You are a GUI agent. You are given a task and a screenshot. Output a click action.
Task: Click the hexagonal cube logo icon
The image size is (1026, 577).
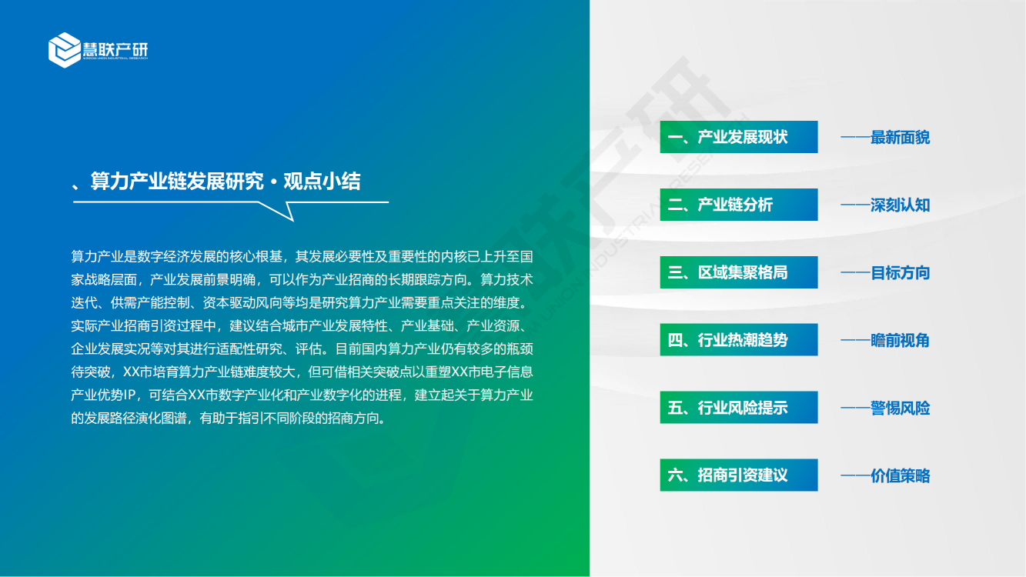coord(65,50)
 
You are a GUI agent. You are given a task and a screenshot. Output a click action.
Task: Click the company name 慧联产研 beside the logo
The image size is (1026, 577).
coord(115,49)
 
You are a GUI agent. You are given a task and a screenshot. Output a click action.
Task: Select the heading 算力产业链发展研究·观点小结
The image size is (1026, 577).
coord(226,182)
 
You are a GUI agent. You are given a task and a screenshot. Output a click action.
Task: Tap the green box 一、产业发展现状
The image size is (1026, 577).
coord(738,137)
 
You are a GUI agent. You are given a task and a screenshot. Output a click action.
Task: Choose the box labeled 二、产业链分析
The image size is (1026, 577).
coord(738,205)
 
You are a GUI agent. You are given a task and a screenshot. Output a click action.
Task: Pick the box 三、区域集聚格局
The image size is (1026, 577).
coord(738,272)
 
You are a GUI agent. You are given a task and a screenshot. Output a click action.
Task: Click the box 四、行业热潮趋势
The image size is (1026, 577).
coord(738,340)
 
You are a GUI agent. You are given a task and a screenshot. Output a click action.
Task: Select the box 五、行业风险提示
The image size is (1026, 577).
coord(738,408)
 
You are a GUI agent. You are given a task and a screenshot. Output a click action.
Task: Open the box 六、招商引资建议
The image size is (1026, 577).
coord(738,475)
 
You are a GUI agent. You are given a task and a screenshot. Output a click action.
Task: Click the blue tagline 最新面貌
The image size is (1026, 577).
coord(900,138)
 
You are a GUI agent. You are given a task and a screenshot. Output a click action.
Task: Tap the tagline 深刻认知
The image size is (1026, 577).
coord(900,205)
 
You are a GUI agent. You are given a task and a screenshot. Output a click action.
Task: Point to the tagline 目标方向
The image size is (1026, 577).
coord(900,273)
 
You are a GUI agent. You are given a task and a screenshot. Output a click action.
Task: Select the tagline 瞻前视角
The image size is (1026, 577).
coord(900,341)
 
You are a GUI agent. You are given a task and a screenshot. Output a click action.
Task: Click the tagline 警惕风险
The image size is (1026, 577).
coord(900,408)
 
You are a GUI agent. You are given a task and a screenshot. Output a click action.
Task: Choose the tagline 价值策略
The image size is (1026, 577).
coord(900,475)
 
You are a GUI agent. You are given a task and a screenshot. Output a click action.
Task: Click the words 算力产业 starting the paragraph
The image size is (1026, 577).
coord(98,256)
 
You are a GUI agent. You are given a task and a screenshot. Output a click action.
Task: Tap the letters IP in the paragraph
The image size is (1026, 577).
coord(130,395)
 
